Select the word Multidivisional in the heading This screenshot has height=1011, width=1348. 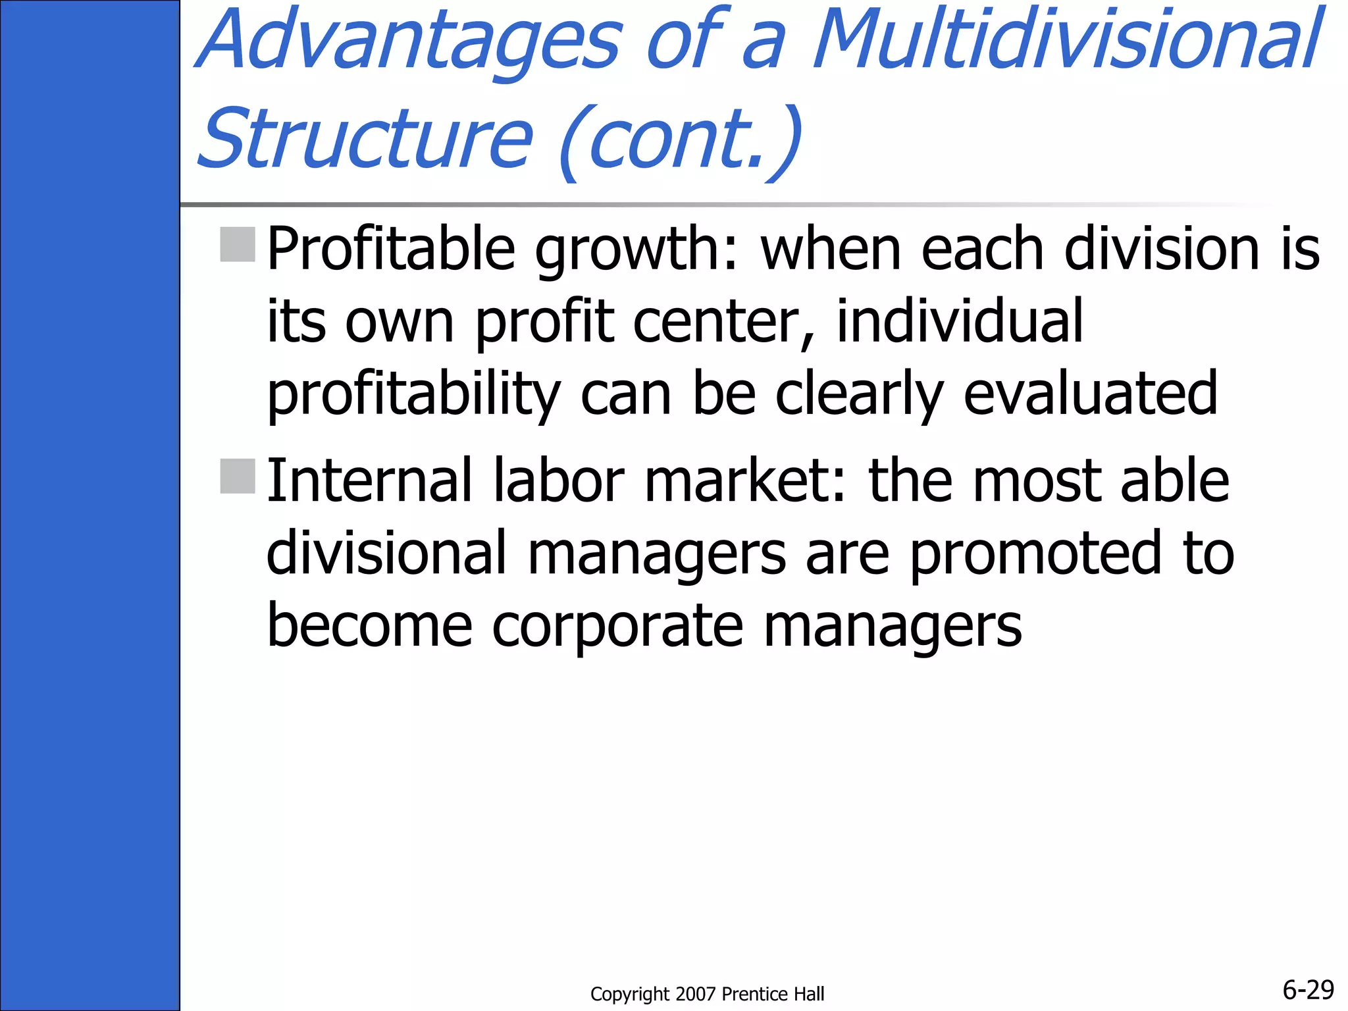coord(1066,39)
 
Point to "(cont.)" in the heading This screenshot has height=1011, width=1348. coord(681,140)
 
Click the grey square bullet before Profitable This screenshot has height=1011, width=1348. coord(238,244)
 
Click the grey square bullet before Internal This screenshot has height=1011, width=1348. coord(238,476)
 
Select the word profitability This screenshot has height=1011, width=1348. coord(413,395)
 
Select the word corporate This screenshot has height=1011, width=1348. coord(618,627)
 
